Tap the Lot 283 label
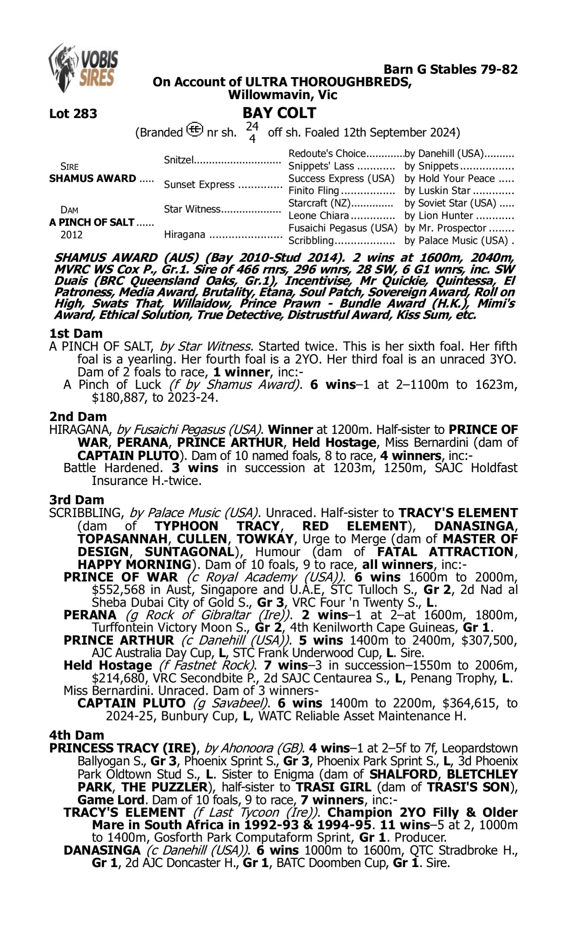pos(73,113)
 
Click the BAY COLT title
pos(279,113)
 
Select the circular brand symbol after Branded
pos(195,130)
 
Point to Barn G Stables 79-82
pos(451,69)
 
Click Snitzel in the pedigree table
pos(179,160)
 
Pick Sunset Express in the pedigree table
pos(199,184)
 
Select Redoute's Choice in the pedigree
pos(327,153)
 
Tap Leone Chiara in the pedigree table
pos(319,216)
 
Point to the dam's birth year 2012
pos(71,234)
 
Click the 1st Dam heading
pos(76,333)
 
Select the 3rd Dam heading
pos(76,500)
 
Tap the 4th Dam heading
pos(76,735)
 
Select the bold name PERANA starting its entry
pos(90,615)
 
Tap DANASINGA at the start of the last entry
pos(102,850)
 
